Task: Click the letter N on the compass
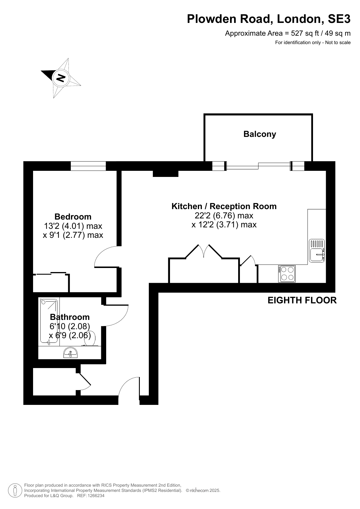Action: [61, 78]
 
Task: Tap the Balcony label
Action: [260, 134]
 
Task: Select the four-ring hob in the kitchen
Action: [287, 274]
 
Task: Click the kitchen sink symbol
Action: [316, 251]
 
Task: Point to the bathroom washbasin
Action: [70, 353]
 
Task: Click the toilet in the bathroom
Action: [91, 338]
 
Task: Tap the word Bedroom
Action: [73, 217]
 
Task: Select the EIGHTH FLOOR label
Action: [302, 300]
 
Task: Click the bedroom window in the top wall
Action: [88, 166]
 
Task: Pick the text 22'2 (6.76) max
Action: [224, 215]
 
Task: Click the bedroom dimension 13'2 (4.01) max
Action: [73, 226]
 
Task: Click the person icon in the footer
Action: [15, 490]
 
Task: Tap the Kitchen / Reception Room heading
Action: [224, 206]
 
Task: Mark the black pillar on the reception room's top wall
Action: [166, 173]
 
